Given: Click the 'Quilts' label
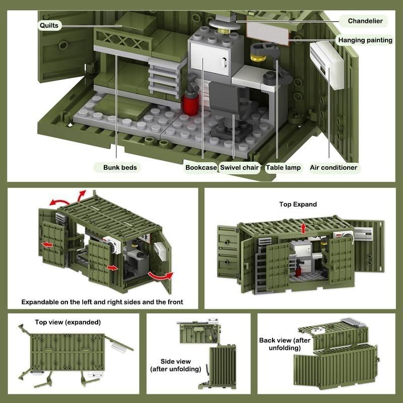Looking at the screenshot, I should [x=49, y=25].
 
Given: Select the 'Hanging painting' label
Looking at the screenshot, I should [x=365, y=40].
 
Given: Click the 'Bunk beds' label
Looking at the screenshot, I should [x=120, y=167].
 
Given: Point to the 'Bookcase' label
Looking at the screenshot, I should [x=200, y=167].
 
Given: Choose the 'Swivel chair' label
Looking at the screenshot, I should [x=240, y=167].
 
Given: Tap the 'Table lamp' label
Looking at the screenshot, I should [x=283, y=167].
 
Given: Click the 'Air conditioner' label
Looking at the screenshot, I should [x=333, y=167].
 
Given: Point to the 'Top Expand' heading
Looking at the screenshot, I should [x=298, y=204].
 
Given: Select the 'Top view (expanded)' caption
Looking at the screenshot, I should [x=68, y=322].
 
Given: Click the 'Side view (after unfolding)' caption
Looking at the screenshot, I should [x=175, y=365].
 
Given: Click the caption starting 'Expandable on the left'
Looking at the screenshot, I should [x=102, y=302].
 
